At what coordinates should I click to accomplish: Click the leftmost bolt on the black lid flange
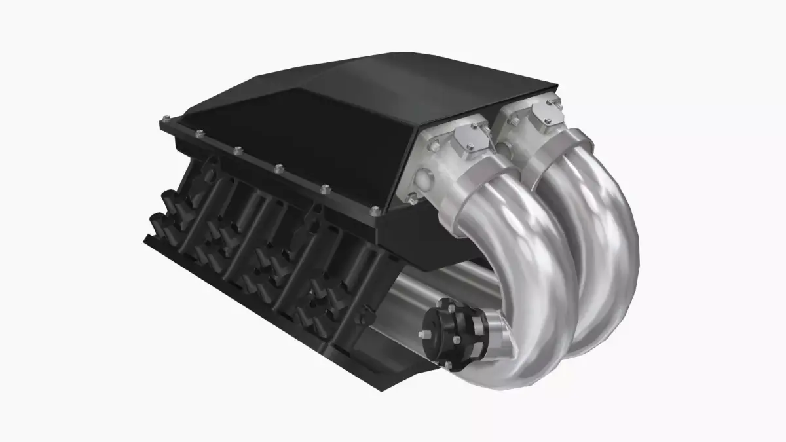[x=164, y=121]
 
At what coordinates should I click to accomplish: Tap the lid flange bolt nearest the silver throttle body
[x=375, y=212]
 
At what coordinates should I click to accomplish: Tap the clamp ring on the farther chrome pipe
[x=557, y=151]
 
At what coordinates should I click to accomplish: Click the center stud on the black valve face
[x=427, y=336]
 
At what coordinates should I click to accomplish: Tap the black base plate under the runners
[x=262, y=314]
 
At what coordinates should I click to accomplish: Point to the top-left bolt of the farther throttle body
[x=514, y=120]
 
